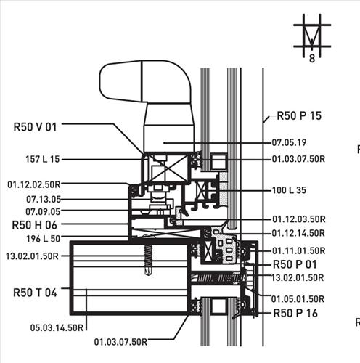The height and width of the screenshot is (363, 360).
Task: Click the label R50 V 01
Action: coord(35,127)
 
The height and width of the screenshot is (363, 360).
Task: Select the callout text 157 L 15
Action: coord(43,159)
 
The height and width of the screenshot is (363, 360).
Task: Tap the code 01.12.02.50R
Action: coord(34,184)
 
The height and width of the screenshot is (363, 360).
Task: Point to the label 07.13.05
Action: coord(44,200)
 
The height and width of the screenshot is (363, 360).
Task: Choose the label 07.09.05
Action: coord(43,212)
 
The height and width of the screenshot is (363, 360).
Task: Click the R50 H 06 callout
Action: coord(35,225)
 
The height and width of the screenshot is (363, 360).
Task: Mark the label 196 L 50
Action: coord(43,239)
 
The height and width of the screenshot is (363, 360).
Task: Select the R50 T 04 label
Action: coord(35,293)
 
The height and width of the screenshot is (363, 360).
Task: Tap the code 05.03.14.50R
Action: coord(57,327)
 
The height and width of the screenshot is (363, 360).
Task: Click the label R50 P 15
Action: coord(299,115)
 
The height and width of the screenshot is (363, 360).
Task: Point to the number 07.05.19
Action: coord(289,142)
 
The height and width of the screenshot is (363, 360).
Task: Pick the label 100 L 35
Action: coord(289,190)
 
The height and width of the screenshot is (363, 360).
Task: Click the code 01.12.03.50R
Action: coord(299,219)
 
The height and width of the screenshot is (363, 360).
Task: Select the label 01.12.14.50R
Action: coord(298,233)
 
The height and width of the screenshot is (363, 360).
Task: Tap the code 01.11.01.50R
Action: coord(299,250)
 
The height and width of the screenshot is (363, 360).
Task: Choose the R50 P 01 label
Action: coord(295,264)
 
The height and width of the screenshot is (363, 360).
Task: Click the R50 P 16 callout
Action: coord(295,313)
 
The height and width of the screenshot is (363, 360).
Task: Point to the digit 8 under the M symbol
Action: coord(312,59)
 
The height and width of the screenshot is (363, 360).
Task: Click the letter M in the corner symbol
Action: coord(312,36)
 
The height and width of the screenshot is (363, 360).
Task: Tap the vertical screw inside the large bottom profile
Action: coord(148,260)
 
